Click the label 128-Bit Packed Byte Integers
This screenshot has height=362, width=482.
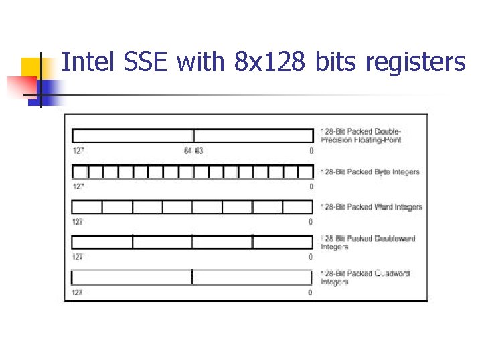370,172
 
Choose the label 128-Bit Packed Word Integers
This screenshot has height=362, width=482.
372,207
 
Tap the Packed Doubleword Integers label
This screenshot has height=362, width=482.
368,242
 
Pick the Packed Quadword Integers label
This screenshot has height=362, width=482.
365,278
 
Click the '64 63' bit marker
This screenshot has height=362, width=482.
193,151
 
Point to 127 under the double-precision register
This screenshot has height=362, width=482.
78,151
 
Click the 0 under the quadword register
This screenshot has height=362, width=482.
310,292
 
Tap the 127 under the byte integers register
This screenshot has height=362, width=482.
78,186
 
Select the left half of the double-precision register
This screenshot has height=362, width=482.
133,136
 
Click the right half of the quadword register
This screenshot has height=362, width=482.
252,277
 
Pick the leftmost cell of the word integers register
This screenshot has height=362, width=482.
87,206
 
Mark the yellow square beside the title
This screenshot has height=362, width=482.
32,69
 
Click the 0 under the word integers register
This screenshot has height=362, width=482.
310,222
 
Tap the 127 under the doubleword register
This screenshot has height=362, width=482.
78,257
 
